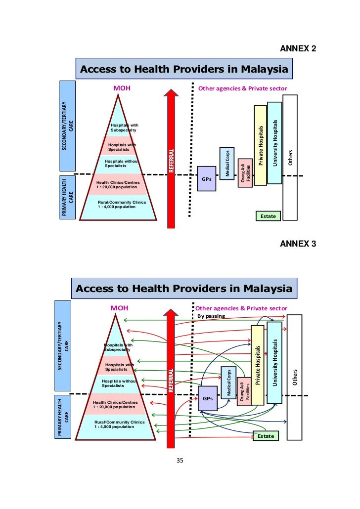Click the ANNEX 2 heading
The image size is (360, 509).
298,48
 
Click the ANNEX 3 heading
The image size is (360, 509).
298,244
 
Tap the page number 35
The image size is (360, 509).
180,461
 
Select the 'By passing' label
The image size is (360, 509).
211,316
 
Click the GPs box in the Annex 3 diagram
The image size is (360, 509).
207,398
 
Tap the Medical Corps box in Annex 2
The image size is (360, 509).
227,164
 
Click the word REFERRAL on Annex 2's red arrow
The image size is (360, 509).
172,161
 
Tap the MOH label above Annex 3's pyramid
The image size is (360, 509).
119,308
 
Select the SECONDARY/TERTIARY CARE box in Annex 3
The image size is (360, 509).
62,346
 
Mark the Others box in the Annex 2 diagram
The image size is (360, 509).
290,157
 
